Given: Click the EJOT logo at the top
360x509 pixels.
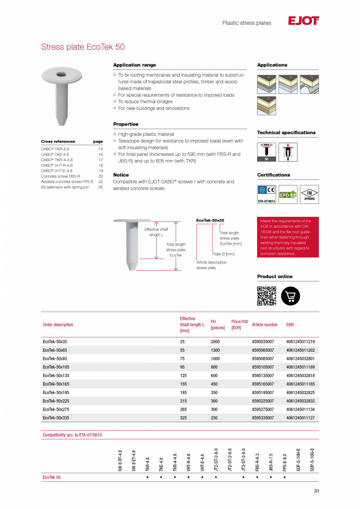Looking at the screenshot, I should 303,21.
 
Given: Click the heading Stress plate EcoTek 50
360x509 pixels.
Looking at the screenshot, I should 83,47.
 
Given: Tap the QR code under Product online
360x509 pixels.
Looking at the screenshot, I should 266,296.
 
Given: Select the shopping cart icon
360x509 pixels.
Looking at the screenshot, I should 290,296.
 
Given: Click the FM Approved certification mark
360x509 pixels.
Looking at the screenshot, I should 309,194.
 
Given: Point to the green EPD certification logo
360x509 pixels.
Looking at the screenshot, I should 288,194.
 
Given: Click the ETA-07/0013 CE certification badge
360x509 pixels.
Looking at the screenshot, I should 266,194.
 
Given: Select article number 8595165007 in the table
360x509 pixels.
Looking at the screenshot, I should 263,384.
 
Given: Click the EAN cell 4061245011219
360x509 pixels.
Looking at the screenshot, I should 300,342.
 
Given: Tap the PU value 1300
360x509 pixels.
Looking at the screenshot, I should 215,351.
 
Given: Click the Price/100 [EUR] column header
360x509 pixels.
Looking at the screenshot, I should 239,325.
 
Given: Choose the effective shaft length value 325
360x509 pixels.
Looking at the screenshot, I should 183,418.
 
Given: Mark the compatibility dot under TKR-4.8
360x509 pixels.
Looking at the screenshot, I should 147,478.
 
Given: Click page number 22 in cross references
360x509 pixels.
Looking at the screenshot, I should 101,182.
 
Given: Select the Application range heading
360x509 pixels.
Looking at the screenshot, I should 135,65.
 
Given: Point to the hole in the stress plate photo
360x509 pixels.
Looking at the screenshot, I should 61,74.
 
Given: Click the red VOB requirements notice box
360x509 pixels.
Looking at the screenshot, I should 288,237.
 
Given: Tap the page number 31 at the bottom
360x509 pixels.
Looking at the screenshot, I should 316,491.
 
